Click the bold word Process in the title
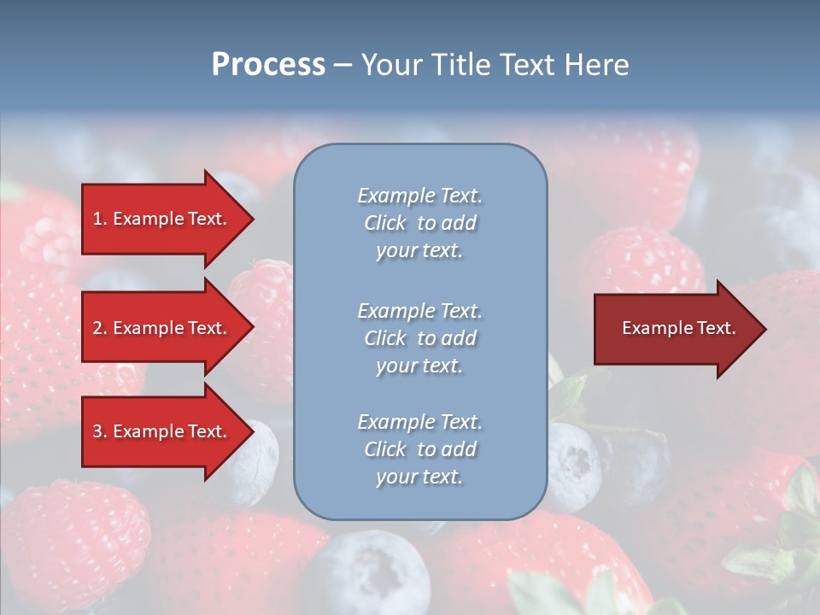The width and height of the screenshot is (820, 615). pos(268,65)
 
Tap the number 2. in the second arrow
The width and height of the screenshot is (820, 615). pos(100,328)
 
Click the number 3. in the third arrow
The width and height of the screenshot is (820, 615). pos(100,431)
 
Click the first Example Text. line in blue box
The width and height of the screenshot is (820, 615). pos(419,196)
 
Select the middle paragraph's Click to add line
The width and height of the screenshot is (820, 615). pos(419,338)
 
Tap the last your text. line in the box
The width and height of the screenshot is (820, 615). pos(419,477)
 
